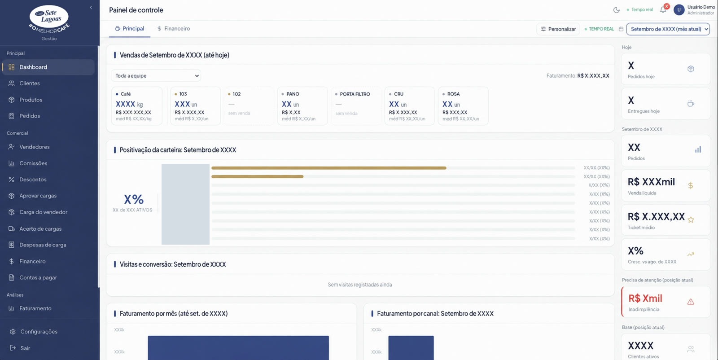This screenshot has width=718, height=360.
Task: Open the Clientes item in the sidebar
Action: point(30,83)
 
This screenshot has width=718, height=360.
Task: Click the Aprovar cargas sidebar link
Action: point(38,196)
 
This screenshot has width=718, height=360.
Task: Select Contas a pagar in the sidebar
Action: point(38,277)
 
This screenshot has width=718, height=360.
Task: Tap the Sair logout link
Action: point(25,348)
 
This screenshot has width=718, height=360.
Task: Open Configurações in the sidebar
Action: point(39,331)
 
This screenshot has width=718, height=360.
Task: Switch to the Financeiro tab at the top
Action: point(173,29)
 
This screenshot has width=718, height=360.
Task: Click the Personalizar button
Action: point(558,29)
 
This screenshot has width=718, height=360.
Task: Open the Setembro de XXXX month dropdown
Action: point(668,29)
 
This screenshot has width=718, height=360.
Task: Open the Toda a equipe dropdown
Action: point(156,76)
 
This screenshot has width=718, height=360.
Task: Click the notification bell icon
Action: point(663,10)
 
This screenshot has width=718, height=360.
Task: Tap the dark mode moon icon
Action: point(616,10)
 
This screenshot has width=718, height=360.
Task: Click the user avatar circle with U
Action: point(679,10)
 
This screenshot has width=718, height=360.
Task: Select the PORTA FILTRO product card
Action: point(356,106)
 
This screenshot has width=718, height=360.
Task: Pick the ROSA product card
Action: point(463,106)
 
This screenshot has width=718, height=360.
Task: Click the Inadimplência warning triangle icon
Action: point(691,302)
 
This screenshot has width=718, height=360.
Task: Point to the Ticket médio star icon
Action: point(691,220)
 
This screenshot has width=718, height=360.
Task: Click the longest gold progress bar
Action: point(329,168)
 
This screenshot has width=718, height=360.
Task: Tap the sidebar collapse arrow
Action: point(91,8)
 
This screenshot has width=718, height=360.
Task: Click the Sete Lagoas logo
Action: point(49,19)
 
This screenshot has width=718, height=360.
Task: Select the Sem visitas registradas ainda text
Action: point(359,285)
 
